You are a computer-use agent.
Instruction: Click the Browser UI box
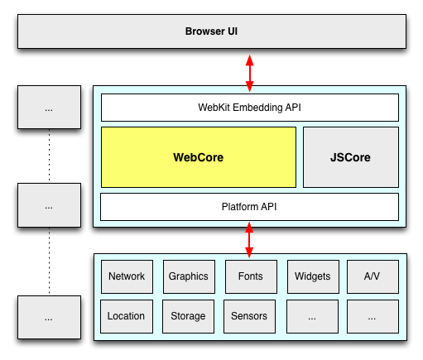[x=210, y=32]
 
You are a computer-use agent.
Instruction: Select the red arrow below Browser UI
[x=249, y=72]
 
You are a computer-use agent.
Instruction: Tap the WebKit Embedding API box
[x=249, y=108]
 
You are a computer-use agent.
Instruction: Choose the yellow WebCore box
[x=198, y=157]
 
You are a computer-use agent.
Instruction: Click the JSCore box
[x=350, y=157]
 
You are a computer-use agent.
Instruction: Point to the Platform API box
[x=249, y=206]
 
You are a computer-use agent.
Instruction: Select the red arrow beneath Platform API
[x=249, y=239]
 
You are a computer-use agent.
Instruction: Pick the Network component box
[x=127, y=276]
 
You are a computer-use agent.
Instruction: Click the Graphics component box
[x=188, y=276]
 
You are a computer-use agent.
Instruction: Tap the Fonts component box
[x=249, y=276]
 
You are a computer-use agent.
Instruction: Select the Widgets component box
[x=312, y=276]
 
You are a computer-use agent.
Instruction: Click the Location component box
[x=127, y=316]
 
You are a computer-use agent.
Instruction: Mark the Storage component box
[x=188, y=316]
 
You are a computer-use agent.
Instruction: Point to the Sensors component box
[x=249, y=316]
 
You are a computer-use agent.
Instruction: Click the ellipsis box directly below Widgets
[x=312, y=316]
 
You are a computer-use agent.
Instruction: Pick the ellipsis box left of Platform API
[x=49, y=205]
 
